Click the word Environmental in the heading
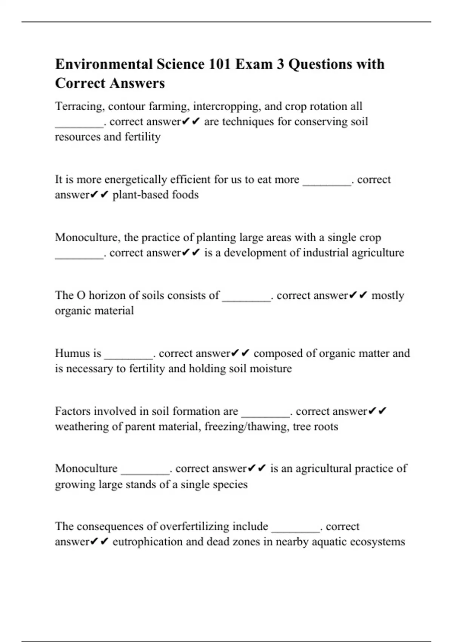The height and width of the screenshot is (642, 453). [104, 64]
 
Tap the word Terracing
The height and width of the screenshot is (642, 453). [79, 106]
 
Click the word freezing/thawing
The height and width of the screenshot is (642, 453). [247, 427]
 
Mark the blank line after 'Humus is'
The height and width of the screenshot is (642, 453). [129, 357]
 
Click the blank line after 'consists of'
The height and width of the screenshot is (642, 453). [247, 299]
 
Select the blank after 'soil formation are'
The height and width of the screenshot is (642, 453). [266, 415]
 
